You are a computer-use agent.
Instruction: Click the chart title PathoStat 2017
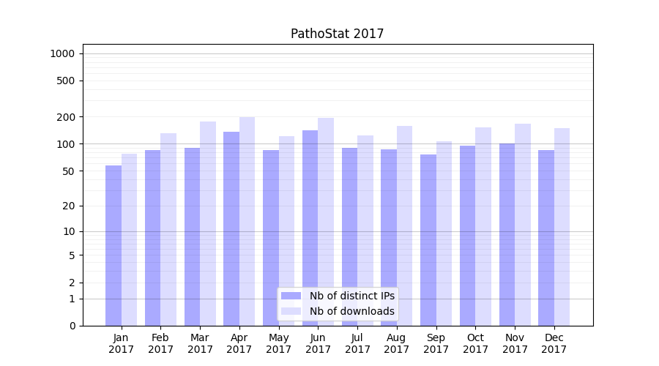click(337, 34)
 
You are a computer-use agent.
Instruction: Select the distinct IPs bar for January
click(113, 245)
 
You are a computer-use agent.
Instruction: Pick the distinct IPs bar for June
click(310, 228)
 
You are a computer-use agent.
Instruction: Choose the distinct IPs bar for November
click(507, 234)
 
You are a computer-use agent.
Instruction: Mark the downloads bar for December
click(562, 227)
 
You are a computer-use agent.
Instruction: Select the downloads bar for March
click(207, 223)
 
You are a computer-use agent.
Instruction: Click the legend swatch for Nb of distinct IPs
click(291, 296)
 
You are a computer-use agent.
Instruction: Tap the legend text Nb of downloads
click(351, 311)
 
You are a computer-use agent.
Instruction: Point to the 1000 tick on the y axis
click(62, 53)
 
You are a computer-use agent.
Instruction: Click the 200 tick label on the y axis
click(65, 117)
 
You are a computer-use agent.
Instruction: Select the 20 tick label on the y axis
click(68, 206)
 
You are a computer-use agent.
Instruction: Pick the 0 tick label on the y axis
click(72, 326)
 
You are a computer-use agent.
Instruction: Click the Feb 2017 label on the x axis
click(160, 343)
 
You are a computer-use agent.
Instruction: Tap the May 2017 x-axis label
click(278, 343)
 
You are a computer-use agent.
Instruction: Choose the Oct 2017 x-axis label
click(475, 343)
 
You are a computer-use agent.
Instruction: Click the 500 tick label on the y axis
click(65, 81)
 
